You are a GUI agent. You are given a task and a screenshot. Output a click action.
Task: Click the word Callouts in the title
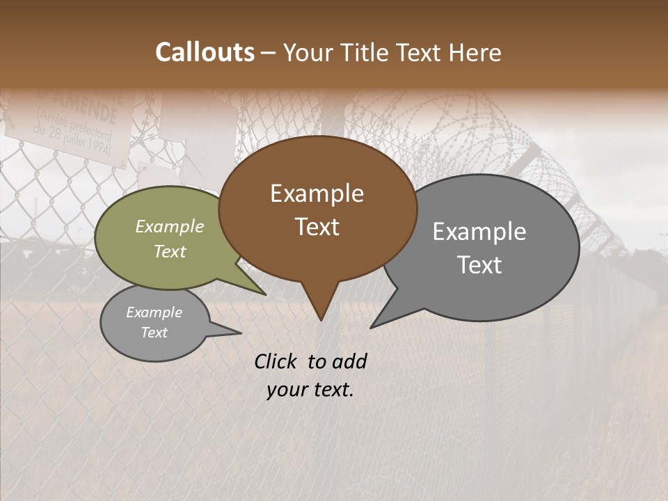point(205,52)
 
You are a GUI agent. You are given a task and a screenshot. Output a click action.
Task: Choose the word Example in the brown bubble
point(317,193)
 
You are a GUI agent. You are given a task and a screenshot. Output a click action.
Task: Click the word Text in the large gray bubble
point(479,265)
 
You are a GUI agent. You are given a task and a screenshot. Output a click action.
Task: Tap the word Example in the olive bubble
point(170,227)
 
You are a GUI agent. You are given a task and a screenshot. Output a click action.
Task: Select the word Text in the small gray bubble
point(154,333)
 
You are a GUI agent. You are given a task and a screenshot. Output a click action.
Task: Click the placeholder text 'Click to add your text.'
point(310,376)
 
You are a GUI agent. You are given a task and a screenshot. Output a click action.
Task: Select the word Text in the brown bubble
point(317,227)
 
